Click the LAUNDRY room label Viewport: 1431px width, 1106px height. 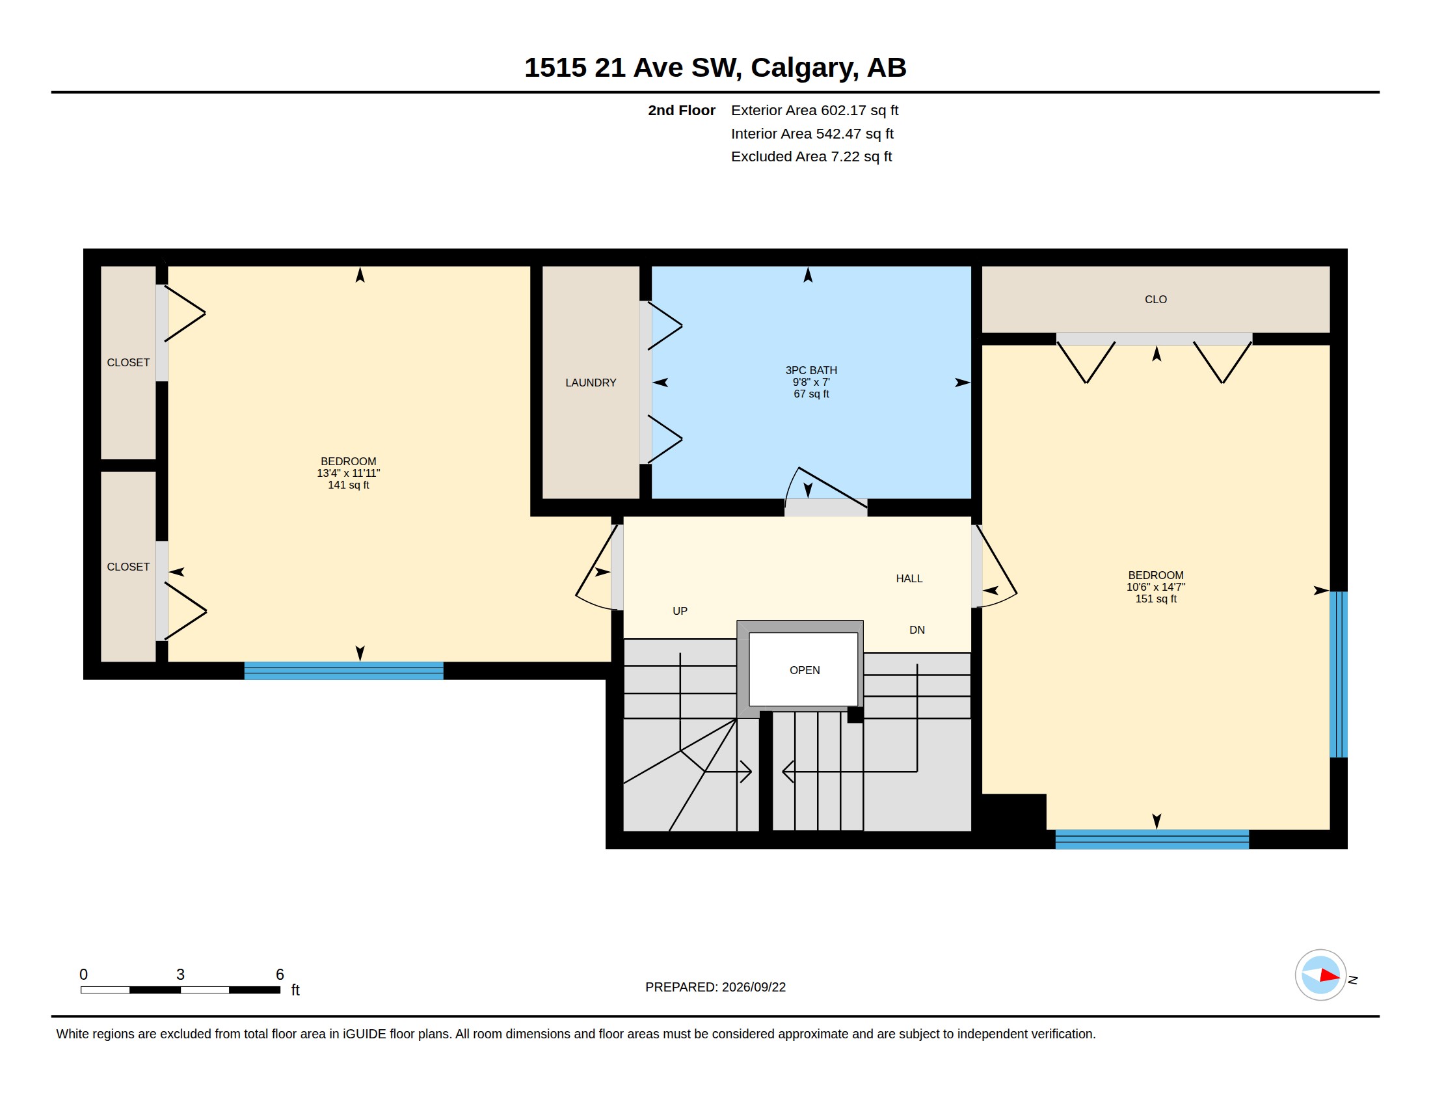pos(591,383)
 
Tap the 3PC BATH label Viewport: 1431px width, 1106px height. pos(811,370)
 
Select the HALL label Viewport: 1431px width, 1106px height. pos(909,578)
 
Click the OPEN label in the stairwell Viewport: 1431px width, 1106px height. pos(805,670)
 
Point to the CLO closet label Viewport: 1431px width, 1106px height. pos(1156,299)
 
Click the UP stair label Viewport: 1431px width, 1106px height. pos(680,612)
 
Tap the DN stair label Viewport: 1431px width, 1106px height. pos(916,630)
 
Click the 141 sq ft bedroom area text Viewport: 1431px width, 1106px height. pos(349,485)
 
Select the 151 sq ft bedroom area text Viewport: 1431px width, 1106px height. pos(1156,599)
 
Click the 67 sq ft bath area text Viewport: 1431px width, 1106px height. pos(811,394)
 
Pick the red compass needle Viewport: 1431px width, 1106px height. pos(1330,976)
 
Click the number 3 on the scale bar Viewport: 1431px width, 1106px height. pos(180,975)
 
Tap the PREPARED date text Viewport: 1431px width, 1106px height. pos(716,987)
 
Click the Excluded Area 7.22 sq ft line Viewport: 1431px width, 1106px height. pos(811,157)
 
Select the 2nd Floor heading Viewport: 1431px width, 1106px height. pos(682,111)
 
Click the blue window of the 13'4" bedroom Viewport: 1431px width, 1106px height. pos(344,671)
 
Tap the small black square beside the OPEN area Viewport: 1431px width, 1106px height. pos(855,715)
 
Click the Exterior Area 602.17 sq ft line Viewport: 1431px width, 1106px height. pos(814,111)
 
